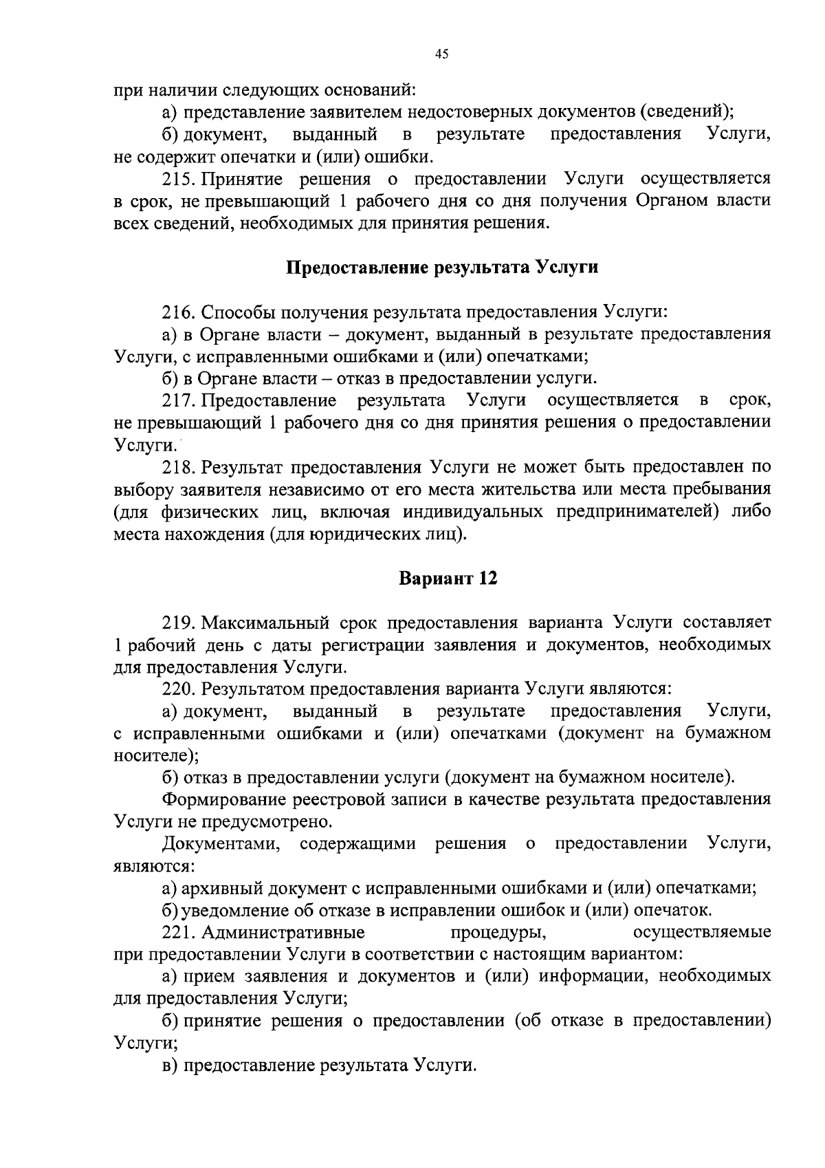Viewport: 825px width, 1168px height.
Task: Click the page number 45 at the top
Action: click(x=441, y=55)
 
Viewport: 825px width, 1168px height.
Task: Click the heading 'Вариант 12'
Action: click(x=448, y=578)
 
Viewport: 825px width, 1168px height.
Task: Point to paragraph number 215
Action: click(x=179, y=180)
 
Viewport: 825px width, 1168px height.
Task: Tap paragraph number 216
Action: click(x=179, y=312)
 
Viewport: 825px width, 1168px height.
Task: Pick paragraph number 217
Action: click(x=179, y=400)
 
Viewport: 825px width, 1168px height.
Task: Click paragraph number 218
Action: click(x=179, y=468)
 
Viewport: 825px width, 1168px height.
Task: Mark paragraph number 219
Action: click(x=179, y=623)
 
